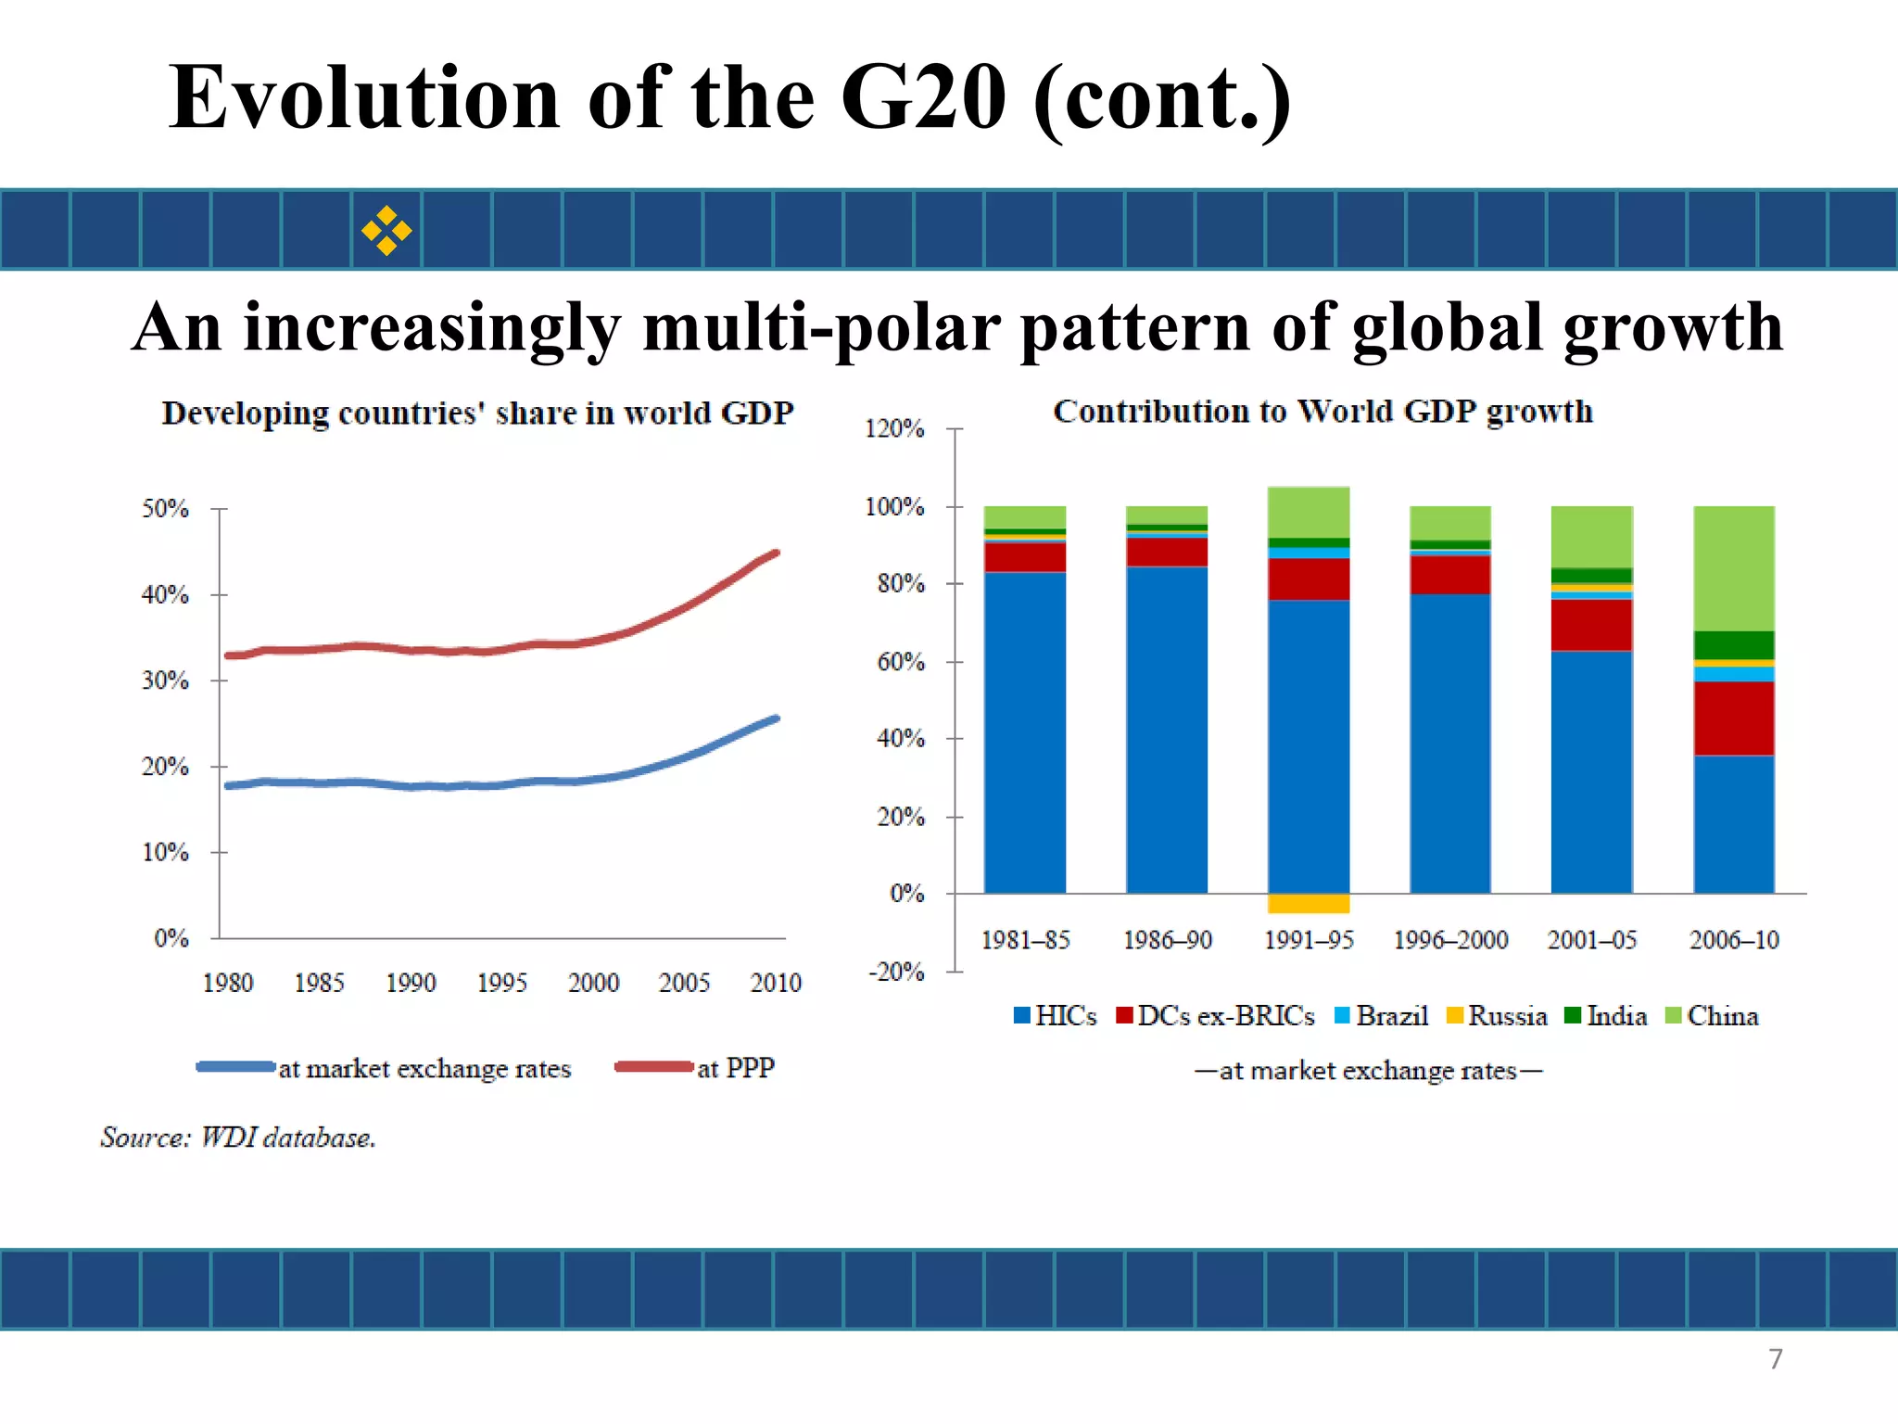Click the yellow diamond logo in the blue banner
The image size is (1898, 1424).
(386, 230)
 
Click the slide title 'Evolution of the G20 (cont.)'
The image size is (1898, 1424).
(729, 98)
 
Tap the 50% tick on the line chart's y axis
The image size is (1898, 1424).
(165, 508)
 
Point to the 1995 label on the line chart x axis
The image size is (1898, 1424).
(501, 983)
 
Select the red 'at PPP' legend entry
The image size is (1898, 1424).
(695, 1068)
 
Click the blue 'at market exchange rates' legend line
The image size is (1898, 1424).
(235, 1067)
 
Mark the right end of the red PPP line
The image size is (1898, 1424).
(776, 553)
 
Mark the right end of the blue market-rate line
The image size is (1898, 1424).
(776, 718)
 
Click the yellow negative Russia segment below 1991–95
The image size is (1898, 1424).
(1309, 903)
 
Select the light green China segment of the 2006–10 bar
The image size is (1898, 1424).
(1734, 567)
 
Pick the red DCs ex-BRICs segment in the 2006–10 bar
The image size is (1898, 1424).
(1734, 718)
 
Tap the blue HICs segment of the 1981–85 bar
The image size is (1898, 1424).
(1025, 732)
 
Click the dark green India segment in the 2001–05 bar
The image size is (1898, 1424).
(1592, 576)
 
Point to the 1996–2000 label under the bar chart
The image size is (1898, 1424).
(1450, 940)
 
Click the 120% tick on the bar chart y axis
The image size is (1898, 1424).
(894, 428)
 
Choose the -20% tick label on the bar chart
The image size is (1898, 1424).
(896, 972)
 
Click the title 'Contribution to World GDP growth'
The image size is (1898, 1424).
(1322, 412)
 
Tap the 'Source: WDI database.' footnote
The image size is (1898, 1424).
(238, 1138)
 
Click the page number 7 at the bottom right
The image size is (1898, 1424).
(1775, 1359)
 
